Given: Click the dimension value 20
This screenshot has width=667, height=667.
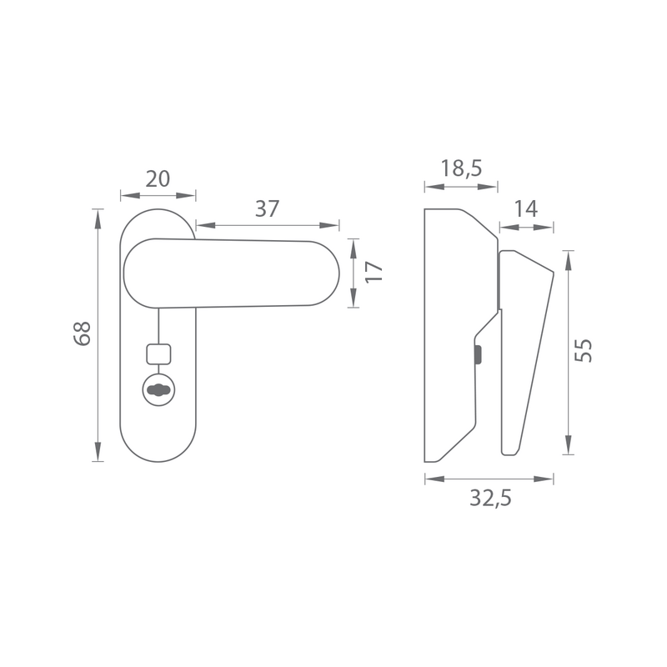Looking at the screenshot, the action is (x=158, y=179).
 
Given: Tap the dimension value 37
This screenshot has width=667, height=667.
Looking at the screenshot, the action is (x=267, y=209).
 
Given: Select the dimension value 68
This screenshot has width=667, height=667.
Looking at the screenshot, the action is (x=83, y=333).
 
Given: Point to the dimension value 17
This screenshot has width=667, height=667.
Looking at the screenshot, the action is (x=374, y=273).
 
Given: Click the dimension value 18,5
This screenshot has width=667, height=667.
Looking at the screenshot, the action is (x=461, y=168).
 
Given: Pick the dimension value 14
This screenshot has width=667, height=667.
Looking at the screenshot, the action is (x=526, y=209).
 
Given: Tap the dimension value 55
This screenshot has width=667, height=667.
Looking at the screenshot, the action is (x=583, y=350).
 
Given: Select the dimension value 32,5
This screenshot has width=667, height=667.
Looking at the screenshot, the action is (x=490, y=498).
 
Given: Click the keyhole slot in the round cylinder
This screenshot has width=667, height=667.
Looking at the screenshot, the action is (x=158, y=389).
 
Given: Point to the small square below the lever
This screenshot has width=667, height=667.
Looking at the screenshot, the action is (x=158, y=354).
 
